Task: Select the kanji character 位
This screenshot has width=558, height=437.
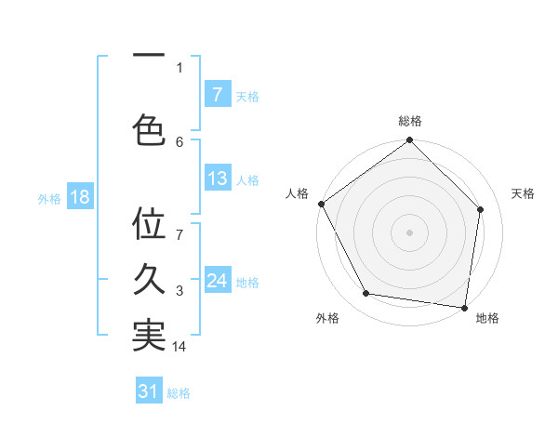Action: tap(149, 225)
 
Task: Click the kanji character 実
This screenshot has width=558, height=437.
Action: tap(149, 336)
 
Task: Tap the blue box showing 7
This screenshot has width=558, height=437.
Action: tap(217, 95)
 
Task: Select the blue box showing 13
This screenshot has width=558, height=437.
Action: tap(217, 179)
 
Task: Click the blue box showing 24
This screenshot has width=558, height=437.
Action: tap(217, 281)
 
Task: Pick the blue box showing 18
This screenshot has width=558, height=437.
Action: tap(79, 197)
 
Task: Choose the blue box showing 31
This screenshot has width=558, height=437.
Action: tap(149, 391)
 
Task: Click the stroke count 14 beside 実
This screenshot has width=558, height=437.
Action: tap(179, 347)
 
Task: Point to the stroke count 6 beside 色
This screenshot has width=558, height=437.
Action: tap(179, 141)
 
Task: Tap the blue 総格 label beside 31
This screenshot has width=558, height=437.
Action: tap(179, 393)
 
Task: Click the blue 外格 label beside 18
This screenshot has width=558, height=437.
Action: tap(49, 198)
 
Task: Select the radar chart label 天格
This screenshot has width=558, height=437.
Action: tap(523, 193)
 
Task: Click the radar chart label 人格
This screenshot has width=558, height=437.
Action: tap(297, 193)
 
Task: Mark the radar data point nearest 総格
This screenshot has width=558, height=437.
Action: tap(409, 141)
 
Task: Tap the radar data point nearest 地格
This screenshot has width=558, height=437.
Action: tap(464, 307)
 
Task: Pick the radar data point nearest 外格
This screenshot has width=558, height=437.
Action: tap(366, 294)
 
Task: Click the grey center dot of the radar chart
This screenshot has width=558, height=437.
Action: tap(409, 232)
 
